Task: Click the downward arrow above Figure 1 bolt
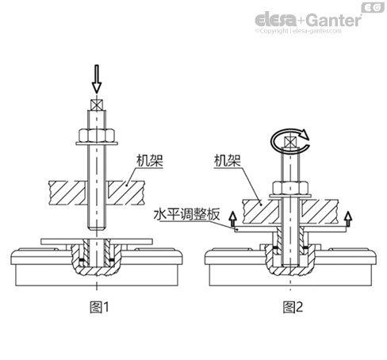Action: point(97,79)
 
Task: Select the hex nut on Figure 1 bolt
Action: point(97,135)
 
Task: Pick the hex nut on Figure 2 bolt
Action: point(290,188)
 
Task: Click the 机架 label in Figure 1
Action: point(149,160)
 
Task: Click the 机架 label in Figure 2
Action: point(227,160)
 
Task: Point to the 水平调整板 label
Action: point(186,214)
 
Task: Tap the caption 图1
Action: point(99,307)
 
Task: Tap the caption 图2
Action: point(293,307)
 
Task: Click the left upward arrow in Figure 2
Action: point(232,219)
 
